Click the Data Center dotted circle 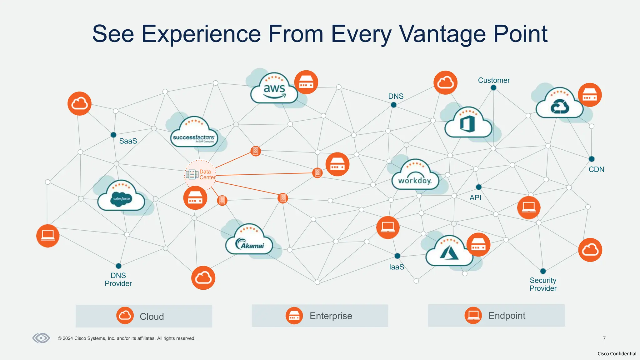click(200, 175)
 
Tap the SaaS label click(128, 141)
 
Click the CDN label click(596, 169)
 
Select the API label click(475, 198)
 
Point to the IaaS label click(397, 267)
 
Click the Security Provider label click(543, 284)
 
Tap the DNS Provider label click(118, 279)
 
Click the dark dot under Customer click(493, 88)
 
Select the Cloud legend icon click(125, 316)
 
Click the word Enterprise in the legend click(331, 316)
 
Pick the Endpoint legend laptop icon click(473, 315)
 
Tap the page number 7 click(604, 338)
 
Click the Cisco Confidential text click(617, 354)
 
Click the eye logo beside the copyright click(41, 338)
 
